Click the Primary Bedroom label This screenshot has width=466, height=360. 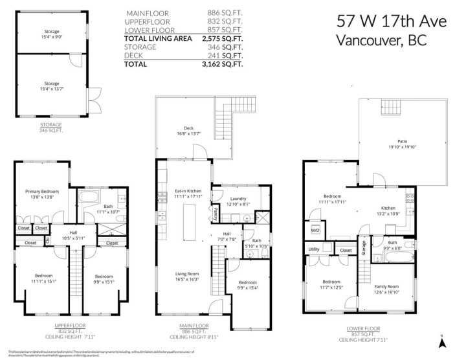coord(42,192)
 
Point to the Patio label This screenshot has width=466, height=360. coord(401,141)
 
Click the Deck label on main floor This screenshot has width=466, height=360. coord(188,128)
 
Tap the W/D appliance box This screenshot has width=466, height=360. coord(315,229)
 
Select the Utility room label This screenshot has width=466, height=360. coord(314,249)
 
